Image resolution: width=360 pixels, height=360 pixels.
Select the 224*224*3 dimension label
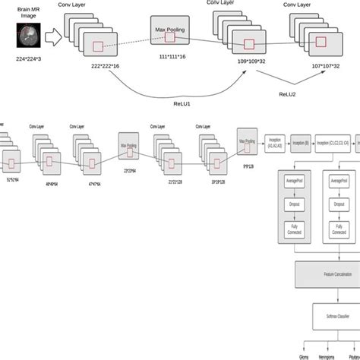pyautogui.click(x=28, y=58)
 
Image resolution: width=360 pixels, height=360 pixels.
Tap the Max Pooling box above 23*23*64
pyautogui.click(x=128, y=145)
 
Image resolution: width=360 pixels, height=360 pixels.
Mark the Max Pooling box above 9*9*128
pyautogui.click(x=248, y=141)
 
